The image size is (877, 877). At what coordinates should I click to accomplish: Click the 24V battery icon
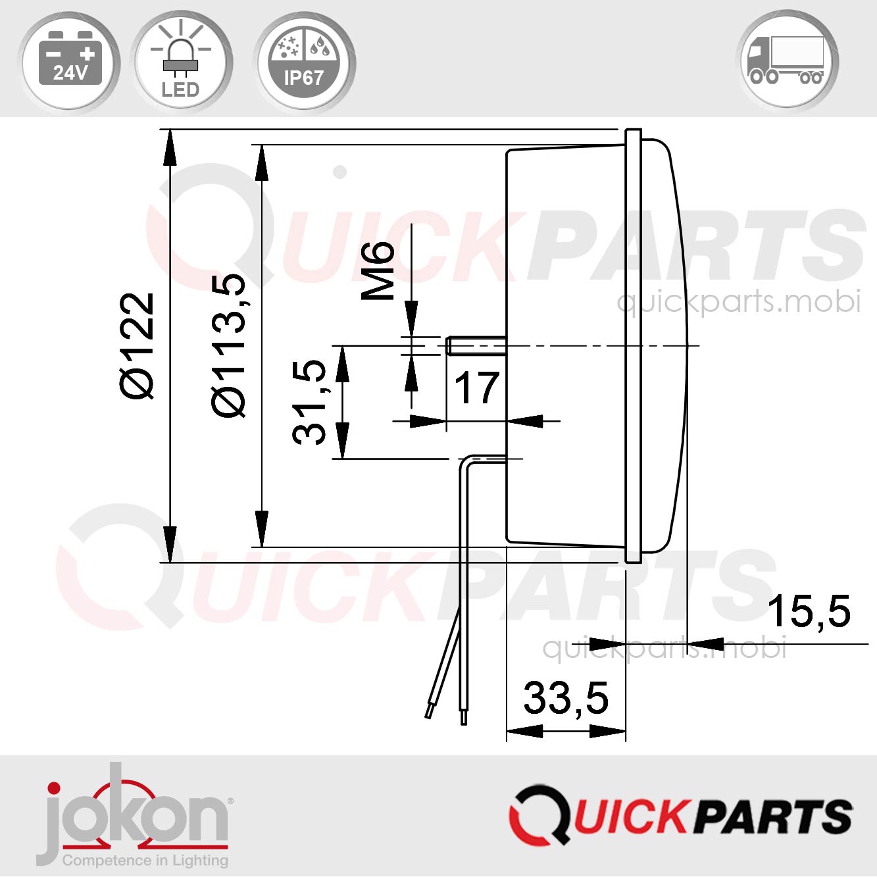tap(70, 61)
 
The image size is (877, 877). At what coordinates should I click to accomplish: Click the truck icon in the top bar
tap(788, 61)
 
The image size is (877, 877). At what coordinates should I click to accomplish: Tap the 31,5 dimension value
tap(310, 402)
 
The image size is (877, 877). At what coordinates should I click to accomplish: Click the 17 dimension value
tap(476, 388)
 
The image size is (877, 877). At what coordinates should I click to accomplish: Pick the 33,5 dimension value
tap(566, 698)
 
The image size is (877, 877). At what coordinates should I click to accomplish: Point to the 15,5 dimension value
tap(809, 611)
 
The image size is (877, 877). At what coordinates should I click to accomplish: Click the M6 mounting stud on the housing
tap(475, 346)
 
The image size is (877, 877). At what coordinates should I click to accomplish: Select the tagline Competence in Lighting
tap(145, 860)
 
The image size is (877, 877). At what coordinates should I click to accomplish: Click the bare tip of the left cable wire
tap(428, 713)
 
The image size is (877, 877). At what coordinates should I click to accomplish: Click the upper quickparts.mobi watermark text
tap(738, 302)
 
